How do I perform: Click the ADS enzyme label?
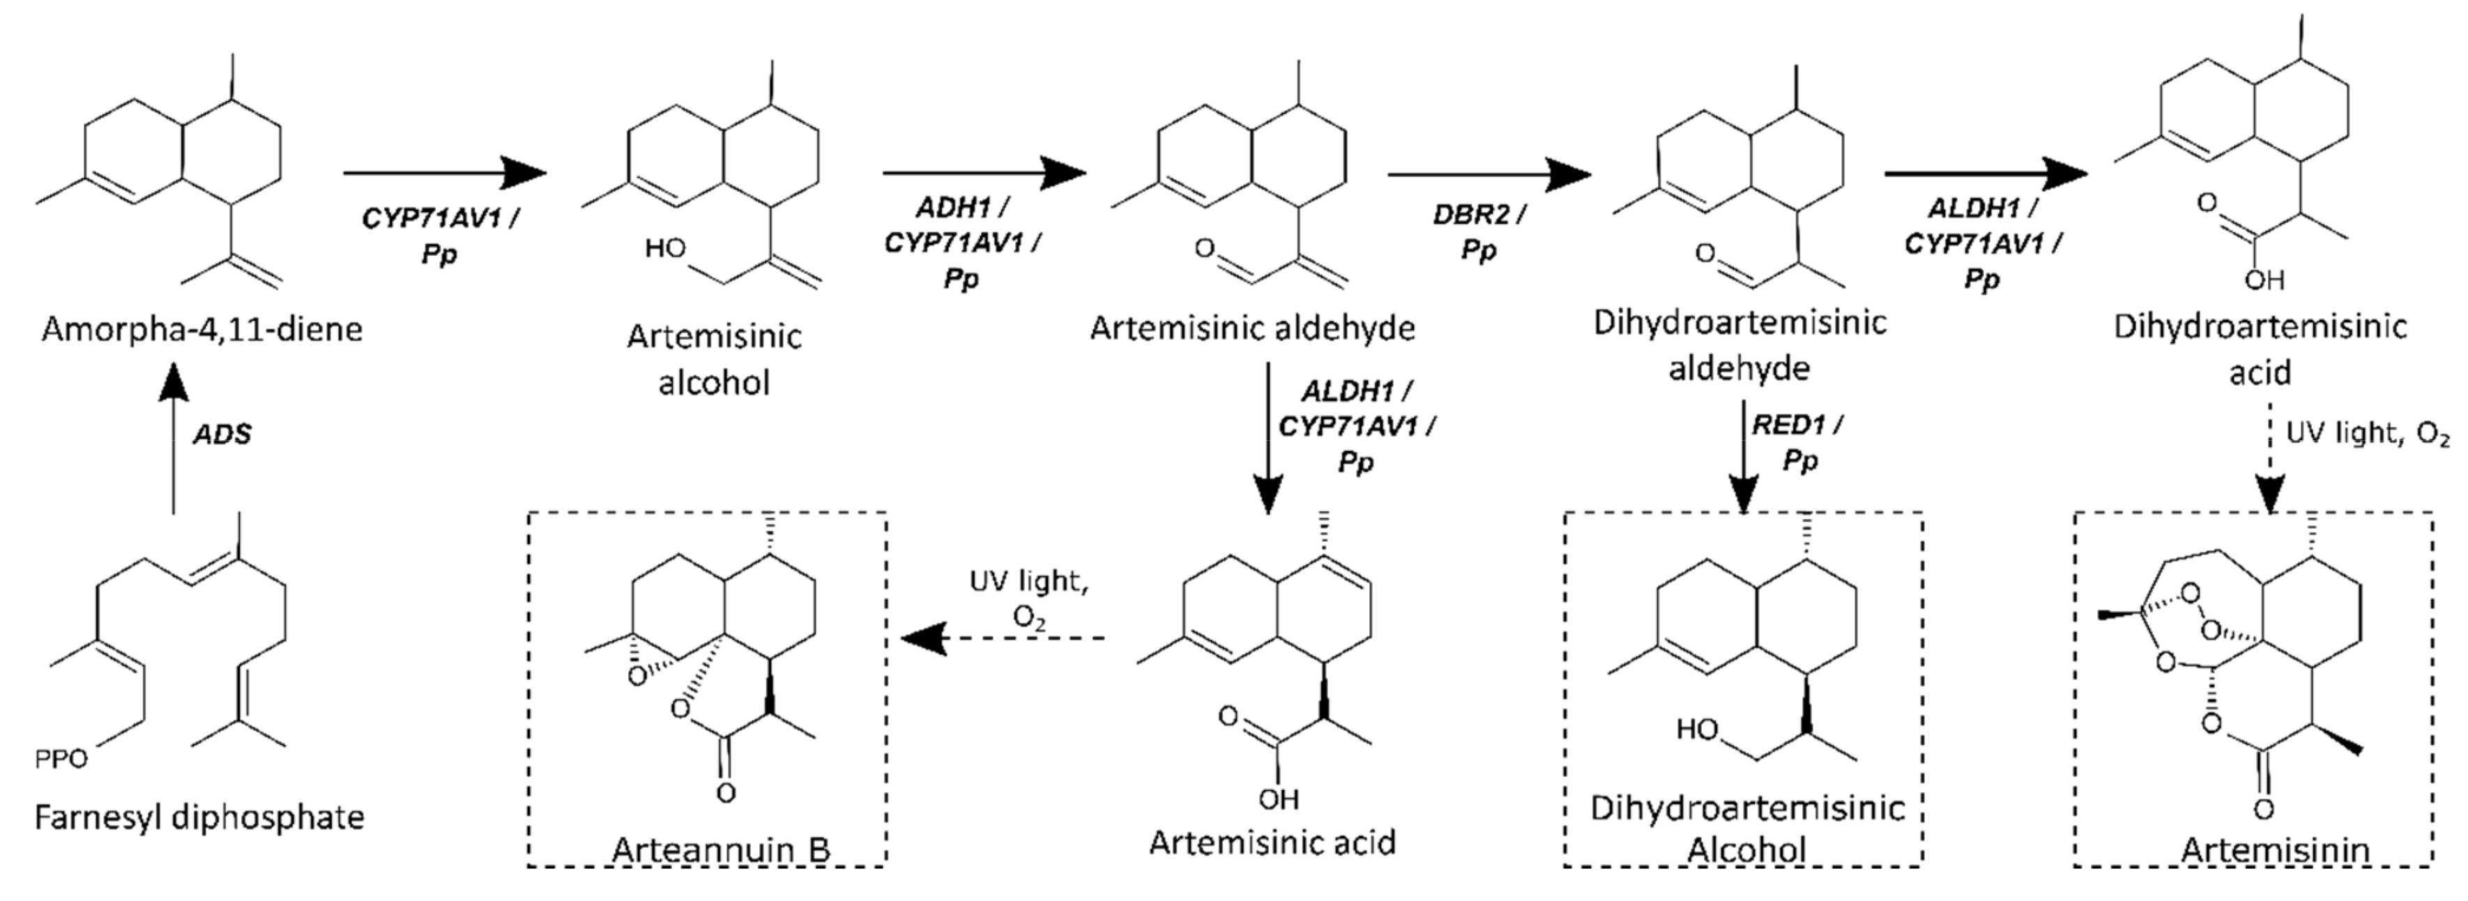[222, 434]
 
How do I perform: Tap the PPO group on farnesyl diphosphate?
[61, 759]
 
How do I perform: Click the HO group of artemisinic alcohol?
[665, 249]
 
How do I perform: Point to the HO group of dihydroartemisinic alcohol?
[1697, 730]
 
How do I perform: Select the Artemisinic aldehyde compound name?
[1252, 328]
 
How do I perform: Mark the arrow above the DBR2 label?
[1488, 174]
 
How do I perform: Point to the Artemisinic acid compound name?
[1272, 842]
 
